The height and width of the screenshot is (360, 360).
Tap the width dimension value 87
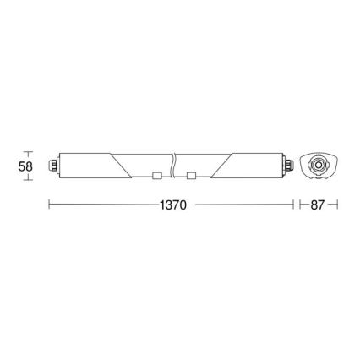click(316, 205)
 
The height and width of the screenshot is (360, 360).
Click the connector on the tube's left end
click(55, 165)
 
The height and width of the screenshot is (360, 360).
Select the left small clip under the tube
click(158, 176)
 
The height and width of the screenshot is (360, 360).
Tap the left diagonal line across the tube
click(120, 164)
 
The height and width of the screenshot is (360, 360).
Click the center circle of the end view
click(319, 164)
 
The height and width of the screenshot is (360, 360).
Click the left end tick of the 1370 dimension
click(49, 205)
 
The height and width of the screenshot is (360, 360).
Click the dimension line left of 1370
click(101, 205)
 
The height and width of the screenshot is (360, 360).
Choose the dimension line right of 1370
click(241, 205)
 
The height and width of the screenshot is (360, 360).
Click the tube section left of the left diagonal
click(85, 164)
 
